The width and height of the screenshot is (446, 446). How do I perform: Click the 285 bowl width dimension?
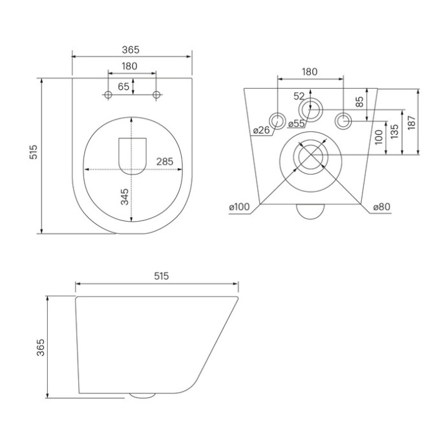point(165,162)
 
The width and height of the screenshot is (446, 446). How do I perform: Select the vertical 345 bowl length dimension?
point(125,196)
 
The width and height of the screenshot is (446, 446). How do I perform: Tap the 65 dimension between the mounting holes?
point(122,86)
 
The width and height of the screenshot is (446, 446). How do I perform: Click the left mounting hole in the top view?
point(108,96)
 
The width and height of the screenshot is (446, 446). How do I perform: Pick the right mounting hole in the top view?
point(156,96)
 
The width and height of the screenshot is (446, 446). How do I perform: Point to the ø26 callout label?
point(261,130)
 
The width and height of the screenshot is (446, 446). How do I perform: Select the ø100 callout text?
point(239,207)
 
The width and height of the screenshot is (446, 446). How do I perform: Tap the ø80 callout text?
point(382,207)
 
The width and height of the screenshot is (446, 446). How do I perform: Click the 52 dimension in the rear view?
point(299,96)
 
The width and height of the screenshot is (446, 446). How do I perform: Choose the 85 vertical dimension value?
point(361,102)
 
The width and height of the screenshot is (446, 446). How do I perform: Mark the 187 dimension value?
point(411,122)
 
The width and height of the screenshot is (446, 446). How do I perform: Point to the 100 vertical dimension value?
point(378,137)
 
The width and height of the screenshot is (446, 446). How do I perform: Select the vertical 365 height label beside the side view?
point(39,348)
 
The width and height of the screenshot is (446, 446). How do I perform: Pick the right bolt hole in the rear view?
point(343,119)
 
